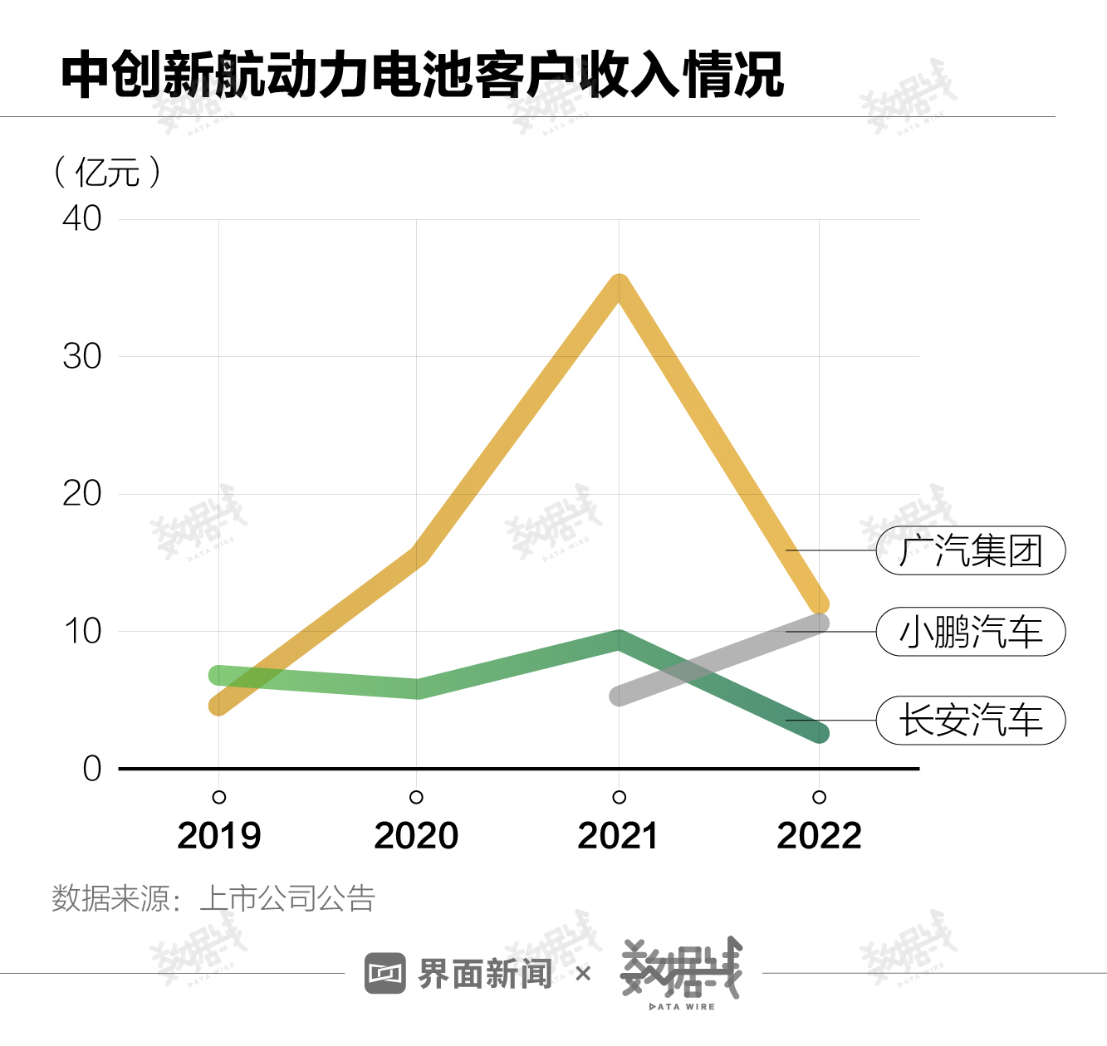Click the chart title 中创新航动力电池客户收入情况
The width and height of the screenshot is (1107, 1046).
(x=422, y=75)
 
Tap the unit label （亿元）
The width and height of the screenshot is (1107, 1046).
(x=107, y=173)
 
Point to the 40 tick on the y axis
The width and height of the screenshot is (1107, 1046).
(x=82, y=219)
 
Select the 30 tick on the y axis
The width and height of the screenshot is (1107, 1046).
(x=82, y=357)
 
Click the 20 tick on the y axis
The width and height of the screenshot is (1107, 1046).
(x=82, y=494)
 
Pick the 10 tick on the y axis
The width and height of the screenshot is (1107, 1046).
(x=82, y=632)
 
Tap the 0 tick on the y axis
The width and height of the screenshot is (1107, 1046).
(x=91, y=769)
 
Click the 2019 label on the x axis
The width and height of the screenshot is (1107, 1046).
(x=219, y=836)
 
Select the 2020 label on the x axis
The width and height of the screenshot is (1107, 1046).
(x=416, y=836)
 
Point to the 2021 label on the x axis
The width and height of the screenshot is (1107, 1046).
(x=618, y=836)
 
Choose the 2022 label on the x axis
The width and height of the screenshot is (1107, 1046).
(x=819, y=836)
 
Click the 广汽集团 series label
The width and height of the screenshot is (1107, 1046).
(x=971, y=550)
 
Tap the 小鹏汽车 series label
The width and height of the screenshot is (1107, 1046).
(x=971, y=632)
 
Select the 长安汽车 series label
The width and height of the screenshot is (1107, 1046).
(x=971, y=721)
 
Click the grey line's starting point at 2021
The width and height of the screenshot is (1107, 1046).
(x=620, y=696)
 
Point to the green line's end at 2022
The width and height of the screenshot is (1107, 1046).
(x=819, y=733)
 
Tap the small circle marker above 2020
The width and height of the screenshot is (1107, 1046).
(x=417, y=797)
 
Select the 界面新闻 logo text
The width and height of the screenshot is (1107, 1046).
(x=484, y=974)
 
